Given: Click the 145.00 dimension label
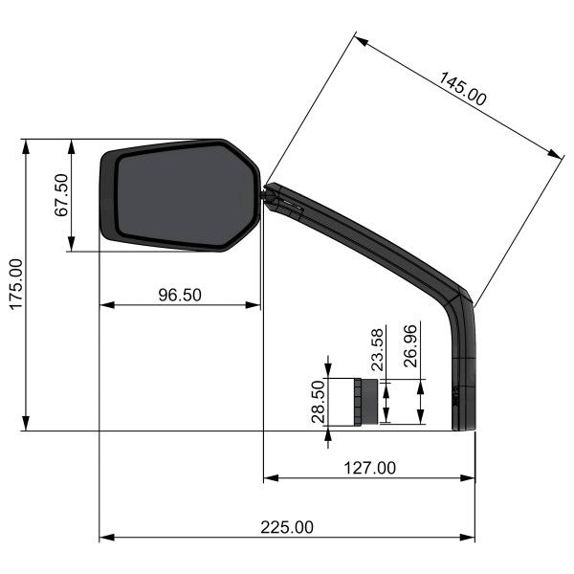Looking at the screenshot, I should (463, 88).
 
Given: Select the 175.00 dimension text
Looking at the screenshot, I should (14, 283).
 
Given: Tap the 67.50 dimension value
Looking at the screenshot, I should (60, 195).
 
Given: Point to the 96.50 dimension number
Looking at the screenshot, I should (179, 295).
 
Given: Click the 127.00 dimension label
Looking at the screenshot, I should (369, 468).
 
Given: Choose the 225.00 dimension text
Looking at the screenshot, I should (287, 527).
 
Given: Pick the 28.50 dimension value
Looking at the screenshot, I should (319, 402).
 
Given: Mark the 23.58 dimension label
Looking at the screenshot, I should (377, 349).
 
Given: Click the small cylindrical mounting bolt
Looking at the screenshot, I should (364, 403).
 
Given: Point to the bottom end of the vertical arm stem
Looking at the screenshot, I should (463, 428).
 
